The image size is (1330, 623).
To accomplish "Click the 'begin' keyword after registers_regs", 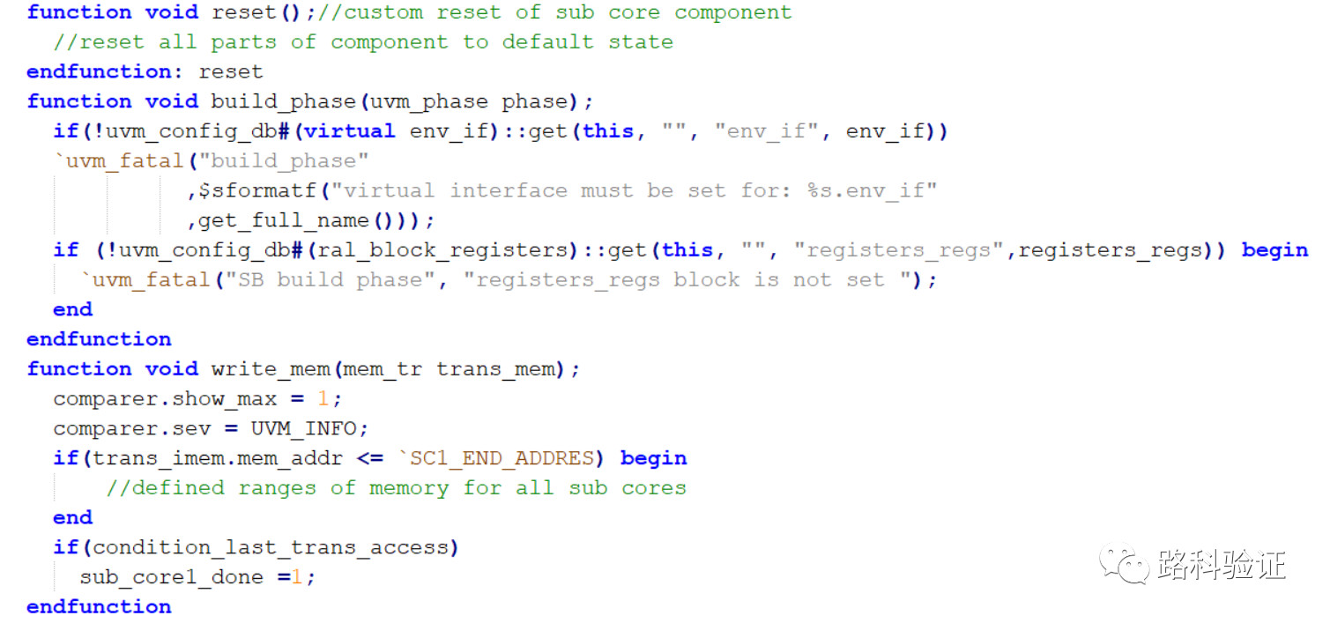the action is (1274, 250).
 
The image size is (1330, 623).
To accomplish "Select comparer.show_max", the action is (165, 399).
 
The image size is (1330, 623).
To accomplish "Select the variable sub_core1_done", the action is (172, 577).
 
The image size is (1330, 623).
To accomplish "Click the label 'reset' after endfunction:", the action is (231, 71).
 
